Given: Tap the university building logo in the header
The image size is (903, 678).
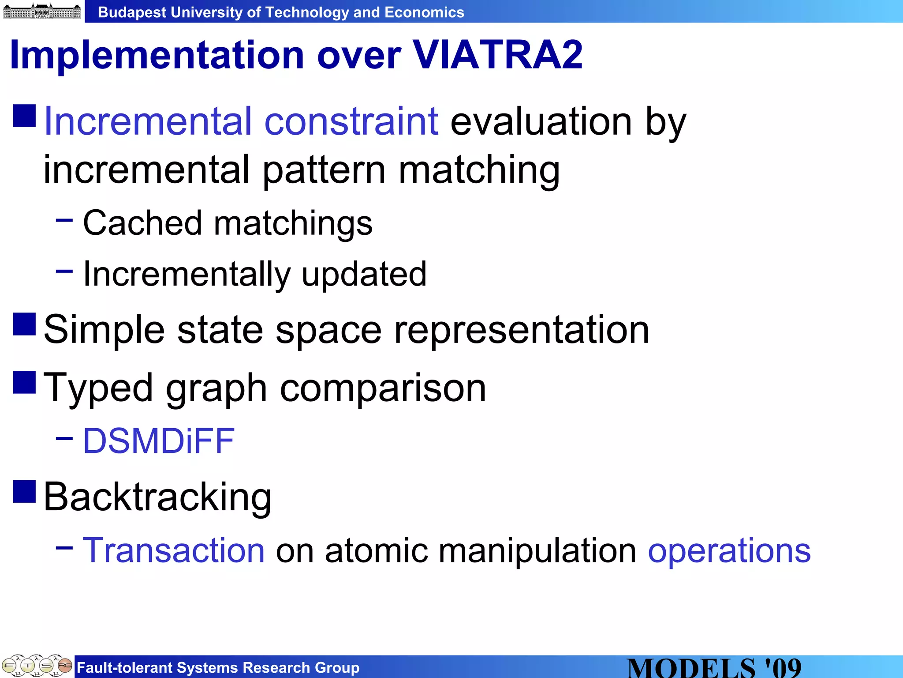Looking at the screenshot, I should pyautogui.click(x=42, y=11).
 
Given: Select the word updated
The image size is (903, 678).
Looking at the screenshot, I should pyautogui.click(x=364, y=274).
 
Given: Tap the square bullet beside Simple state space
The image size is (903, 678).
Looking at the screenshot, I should pyautogui.click(x=24, y=324).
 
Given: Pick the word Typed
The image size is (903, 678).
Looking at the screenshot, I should pyautogui.click(x=98, y=388).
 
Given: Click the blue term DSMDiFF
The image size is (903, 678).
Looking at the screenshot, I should pyautogui.click(x=159, y=441).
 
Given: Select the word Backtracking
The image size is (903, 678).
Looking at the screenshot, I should pyautogui.click(x=157, y=497).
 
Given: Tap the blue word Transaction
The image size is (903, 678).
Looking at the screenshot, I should pyautogui.click(x=174, y=550).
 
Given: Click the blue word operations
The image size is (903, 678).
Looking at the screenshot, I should pyautogui.click(x=729, y=550).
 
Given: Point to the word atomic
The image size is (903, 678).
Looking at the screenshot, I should pyautogui.click(x=376, y=550).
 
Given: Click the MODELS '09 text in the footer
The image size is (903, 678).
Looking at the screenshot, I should pyautogui.click(x=714, y=668).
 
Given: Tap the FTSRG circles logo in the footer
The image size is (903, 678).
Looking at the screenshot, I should pyautogui.click(x=37, y=666).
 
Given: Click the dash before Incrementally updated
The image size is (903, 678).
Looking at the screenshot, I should pyautogui.click(x=64, y=271).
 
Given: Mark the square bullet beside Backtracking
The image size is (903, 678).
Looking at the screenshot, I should pyautogui.click(x=24, y=492).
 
